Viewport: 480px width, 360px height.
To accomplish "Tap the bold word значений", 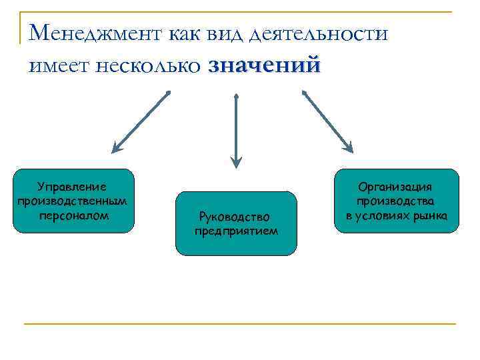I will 264,65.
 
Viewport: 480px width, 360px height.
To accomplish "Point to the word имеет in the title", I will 59,66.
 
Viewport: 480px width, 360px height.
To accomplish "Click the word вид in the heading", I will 223,32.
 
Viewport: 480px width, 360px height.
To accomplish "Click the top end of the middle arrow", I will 236,95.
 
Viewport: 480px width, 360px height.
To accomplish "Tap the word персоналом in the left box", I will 73,215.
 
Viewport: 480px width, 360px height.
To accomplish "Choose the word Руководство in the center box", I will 235,217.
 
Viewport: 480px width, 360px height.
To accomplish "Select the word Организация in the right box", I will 396,187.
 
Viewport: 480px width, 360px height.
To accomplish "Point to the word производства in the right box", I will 396,201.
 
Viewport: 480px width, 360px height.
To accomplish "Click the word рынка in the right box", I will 431,215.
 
